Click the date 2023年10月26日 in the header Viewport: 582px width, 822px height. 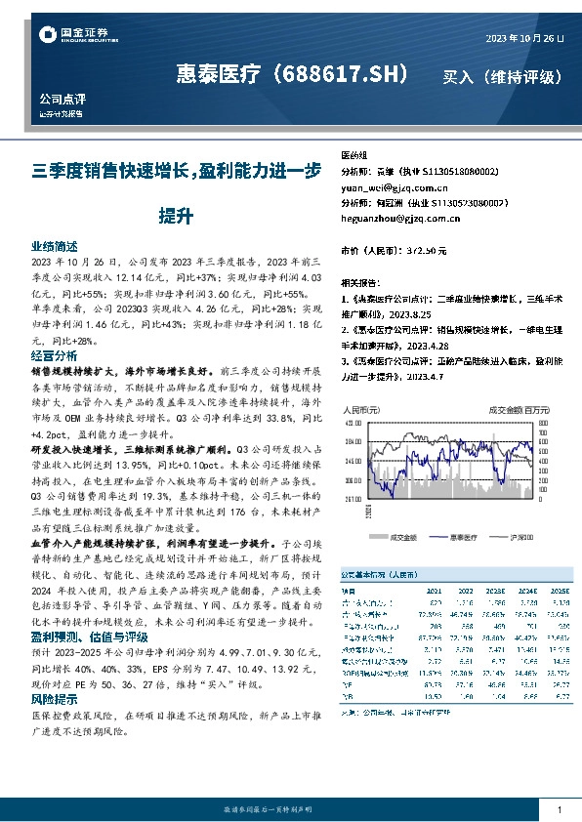click(524, 38)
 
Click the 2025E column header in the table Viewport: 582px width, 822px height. click(561, 590)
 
